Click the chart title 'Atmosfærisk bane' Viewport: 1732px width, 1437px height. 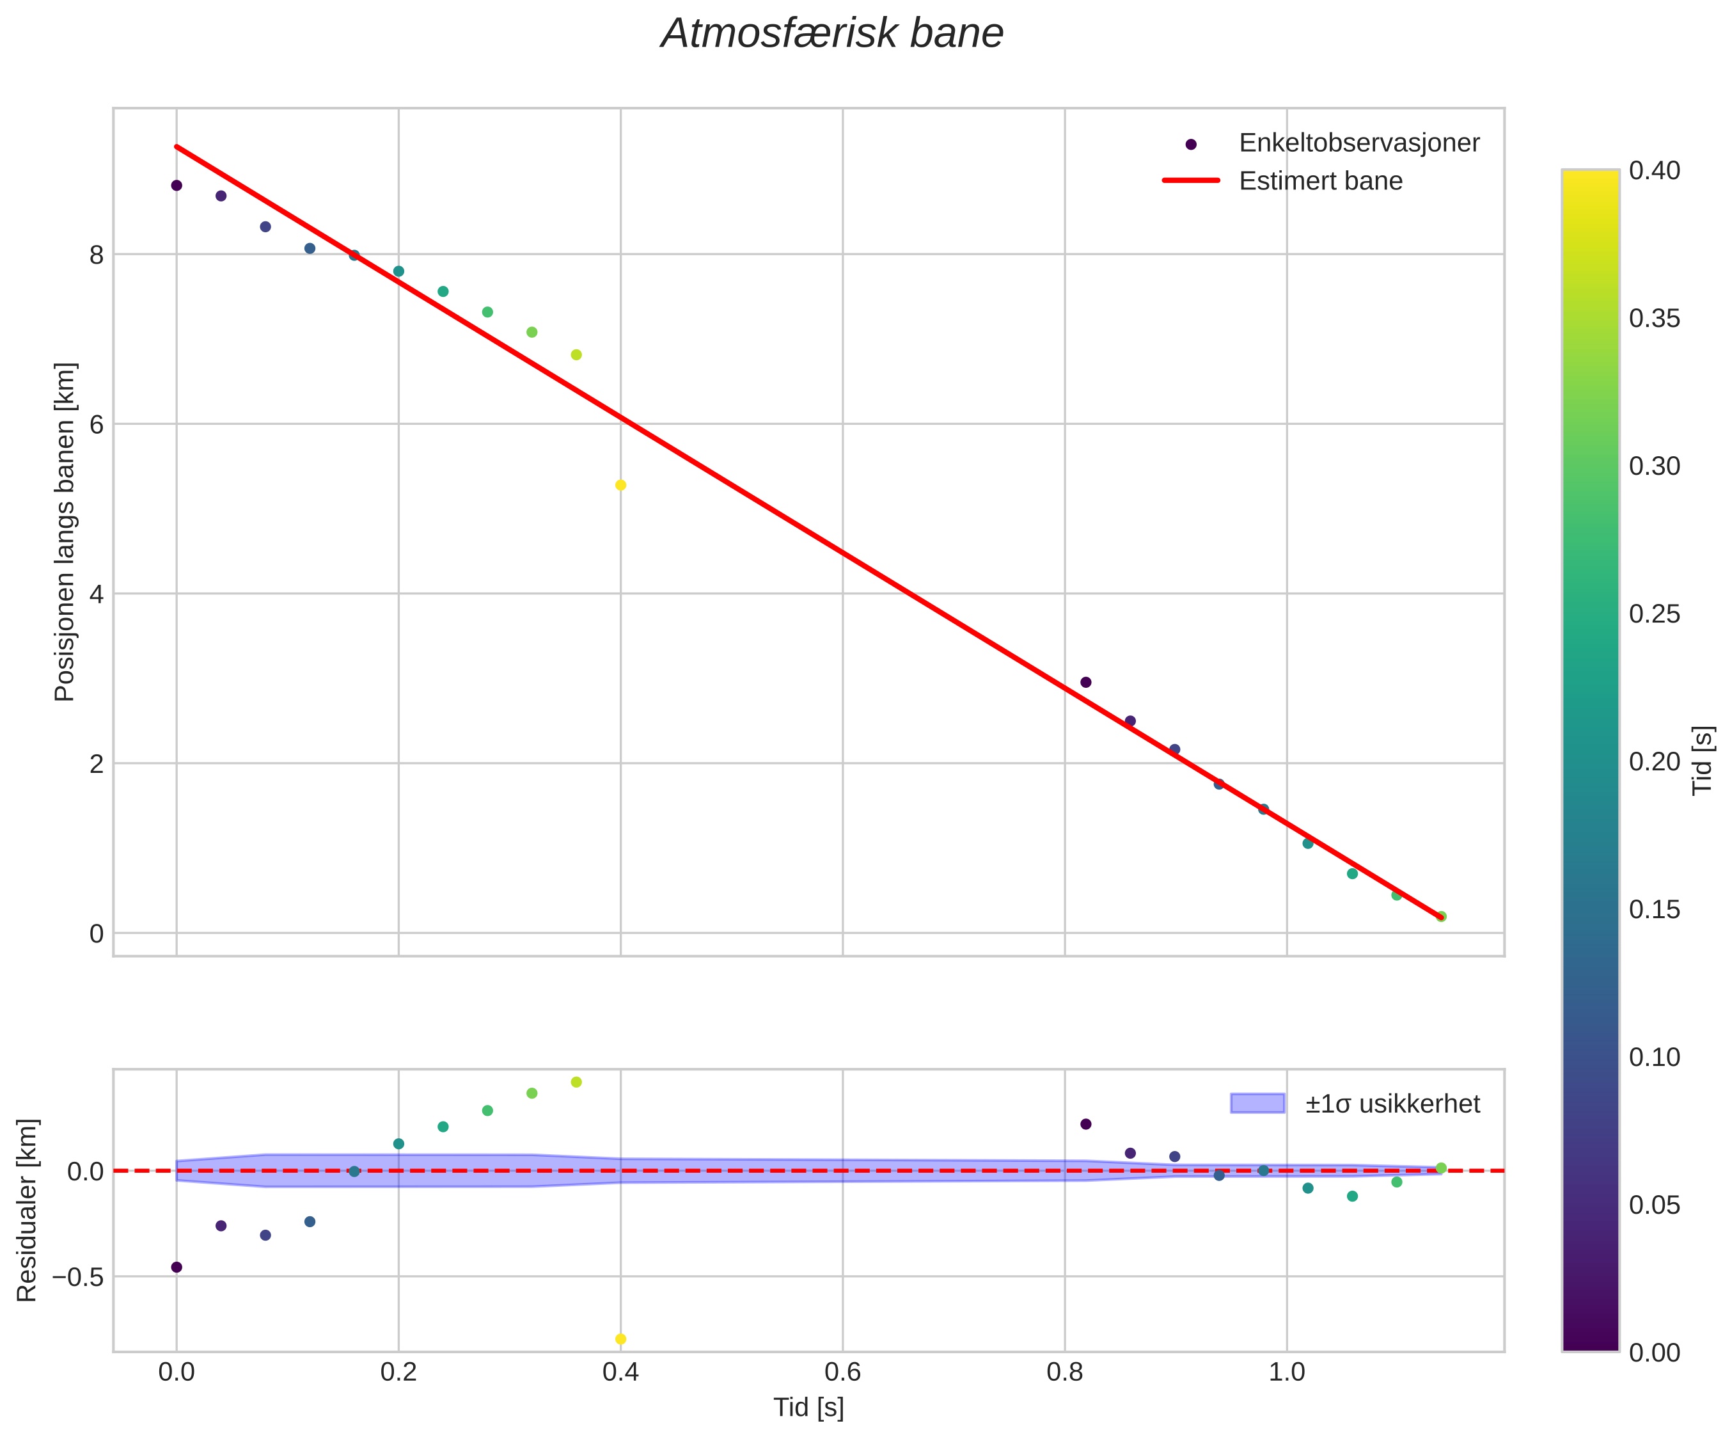click(x=832, y=35)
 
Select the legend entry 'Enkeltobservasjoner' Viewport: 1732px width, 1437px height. click(x=1358, y=143)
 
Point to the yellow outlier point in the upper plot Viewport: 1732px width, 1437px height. click(x=621, y=485)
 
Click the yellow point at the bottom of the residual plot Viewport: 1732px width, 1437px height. click(x=621, y=1339)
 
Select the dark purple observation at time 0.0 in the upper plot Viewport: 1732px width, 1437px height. click(x=177, y=186)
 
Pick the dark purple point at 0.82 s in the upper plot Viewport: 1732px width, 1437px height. click(x=1086, y=682)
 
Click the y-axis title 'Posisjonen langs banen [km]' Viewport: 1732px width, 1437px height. click(x=65, y=532)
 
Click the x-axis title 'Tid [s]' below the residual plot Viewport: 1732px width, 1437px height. click(x=808, y=1408)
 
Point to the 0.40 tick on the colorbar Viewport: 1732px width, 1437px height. click(x=1655, y=171)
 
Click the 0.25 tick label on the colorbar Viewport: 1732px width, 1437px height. click(x=1655, y=614)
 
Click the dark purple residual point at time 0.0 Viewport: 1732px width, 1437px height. click(x=177, y=1267)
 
